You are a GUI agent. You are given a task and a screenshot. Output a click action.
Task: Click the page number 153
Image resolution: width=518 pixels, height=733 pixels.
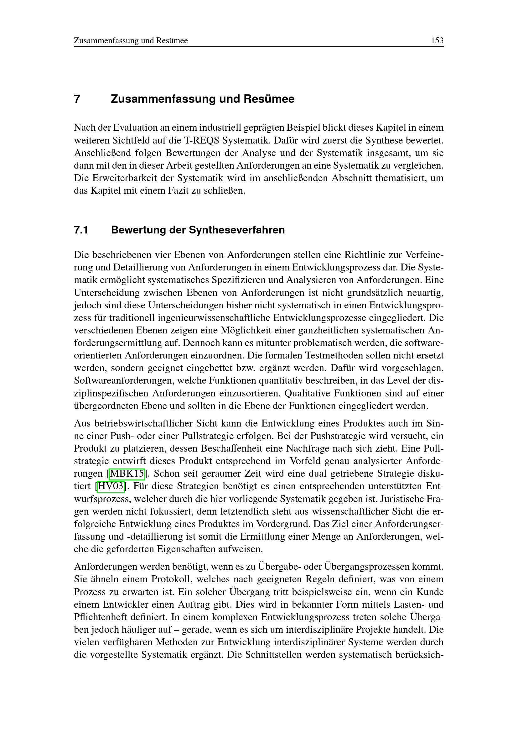pyautogui.click(x=437, y=40)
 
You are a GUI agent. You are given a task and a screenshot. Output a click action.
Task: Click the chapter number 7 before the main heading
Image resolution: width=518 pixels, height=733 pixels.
pyautogui.click(x=77, y=99)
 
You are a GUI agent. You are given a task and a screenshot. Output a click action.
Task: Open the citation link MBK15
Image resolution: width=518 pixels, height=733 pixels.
pyautogui.click(x=127, y=474)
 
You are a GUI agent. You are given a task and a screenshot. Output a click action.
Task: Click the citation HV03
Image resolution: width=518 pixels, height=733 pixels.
pyautogui.click(x=111, y=486)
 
